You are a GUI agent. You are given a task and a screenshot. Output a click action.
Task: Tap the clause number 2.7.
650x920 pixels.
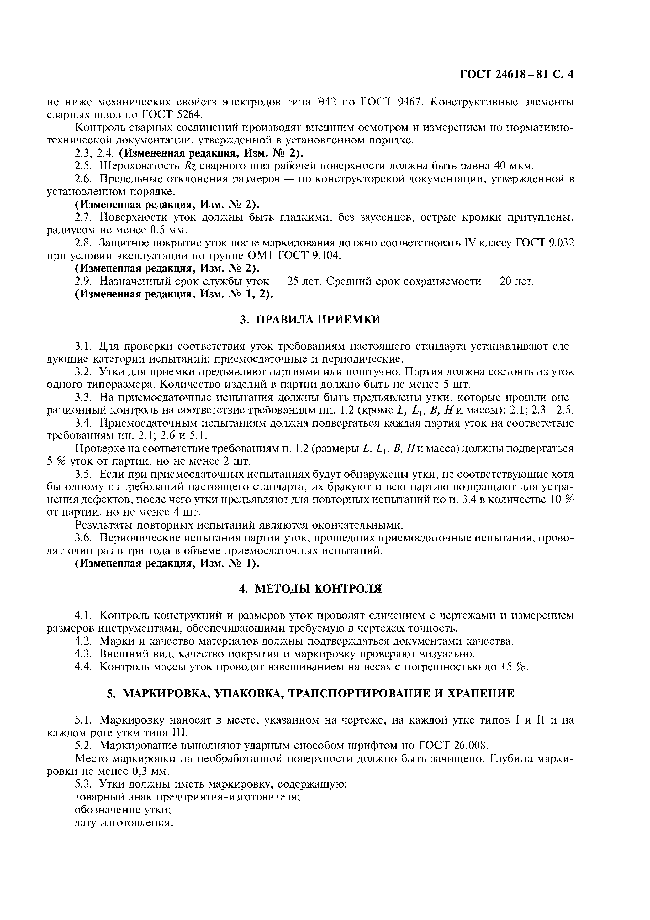84,217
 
